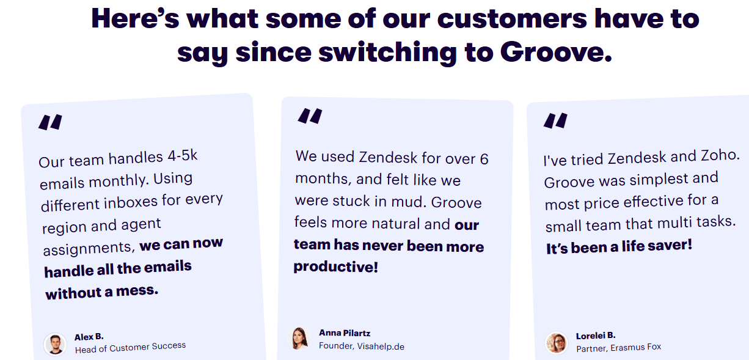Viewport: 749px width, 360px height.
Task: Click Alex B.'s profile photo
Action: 55,343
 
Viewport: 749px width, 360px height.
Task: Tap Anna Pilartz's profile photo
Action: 299,339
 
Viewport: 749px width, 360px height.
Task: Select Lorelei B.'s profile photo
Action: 557,342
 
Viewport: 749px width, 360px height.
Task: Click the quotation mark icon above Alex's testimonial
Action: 51,122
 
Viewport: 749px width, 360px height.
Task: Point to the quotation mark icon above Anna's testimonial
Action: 310,116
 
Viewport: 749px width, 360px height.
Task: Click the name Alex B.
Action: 89,337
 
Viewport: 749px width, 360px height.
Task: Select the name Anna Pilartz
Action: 345,333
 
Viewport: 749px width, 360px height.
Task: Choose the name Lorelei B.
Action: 596,336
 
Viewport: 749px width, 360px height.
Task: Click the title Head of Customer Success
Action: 130,347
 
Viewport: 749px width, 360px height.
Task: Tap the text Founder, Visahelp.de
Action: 361,346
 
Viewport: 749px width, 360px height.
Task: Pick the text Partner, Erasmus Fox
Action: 618,347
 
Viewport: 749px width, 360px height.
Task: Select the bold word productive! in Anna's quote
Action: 335,267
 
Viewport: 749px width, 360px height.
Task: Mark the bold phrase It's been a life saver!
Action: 619,246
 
